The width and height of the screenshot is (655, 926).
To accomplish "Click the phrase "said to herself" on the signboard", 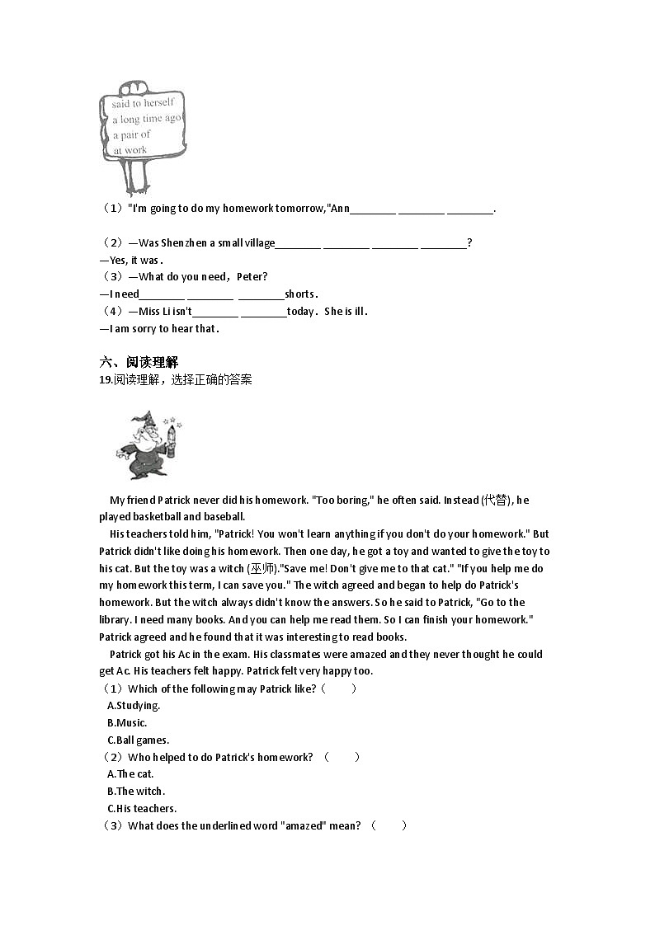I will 143,103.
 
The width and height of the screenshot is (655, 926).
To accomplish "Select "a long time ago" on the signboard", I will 146,119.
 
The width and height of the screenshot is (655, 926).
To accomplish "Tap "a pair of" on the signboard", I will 132,134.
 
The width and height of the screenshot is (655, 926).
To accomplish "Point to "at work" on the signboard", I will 130,150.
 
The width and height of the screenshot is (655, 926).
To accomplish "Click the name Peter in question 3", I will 252,277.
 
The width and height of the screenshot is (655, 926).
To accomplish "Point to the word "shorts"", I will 299,294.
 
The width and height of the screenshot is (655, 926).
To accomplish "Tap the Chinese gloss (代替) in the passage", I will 497,501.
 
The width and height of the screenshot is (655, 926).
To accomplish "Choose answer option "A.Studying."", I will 134,706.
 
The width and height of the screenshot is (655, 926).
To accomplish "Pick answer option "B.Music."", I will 127,723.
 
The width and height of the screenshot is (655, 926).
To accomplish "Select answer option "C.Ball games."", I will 138,740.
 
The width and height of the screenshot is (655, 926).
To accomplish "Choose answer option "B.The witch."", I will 136,792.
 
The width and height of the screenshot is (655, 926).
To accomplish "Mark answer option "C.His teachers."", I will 142,809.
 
